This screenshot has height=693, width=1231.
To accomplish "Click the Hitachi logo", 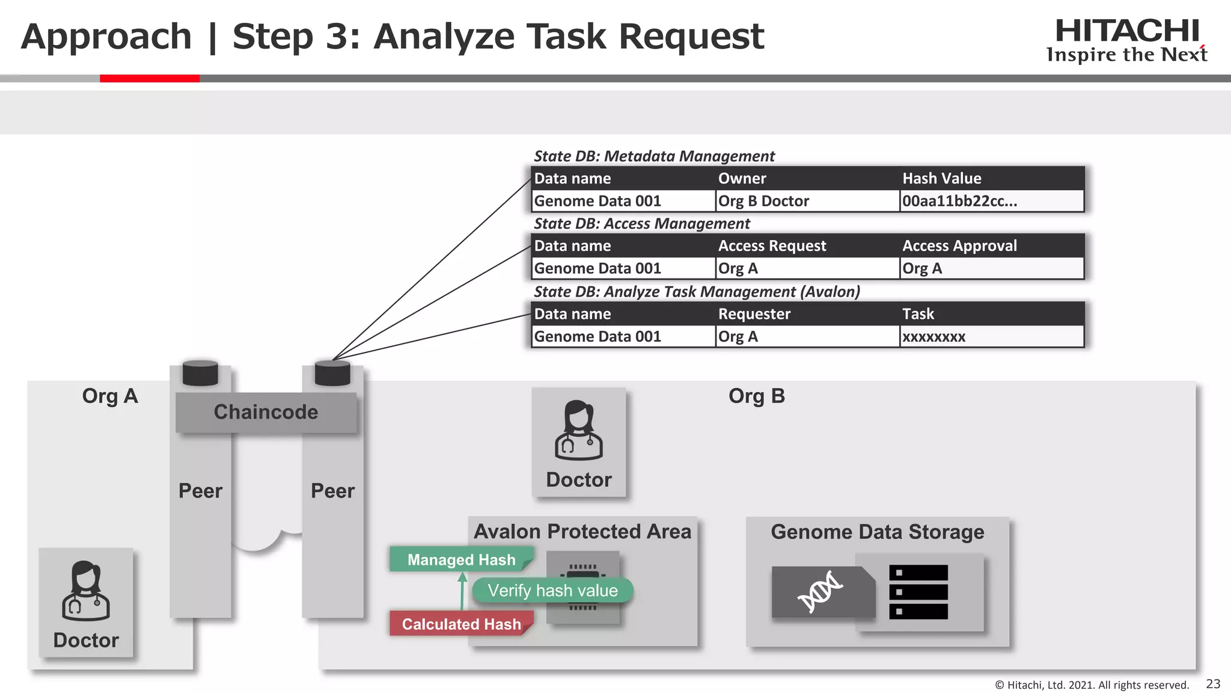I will pos(1126,40).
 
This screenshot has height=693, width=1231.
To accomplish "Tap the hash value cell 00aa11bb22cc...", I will pos(959,201).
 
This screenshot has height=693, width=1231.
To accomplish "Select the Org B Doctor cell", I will pos(763,201).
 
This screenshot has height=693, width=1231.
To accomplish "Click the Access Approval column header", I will pos(959,245).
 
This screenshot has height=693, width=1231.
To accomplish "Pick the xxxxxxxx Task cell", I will pos(933,337).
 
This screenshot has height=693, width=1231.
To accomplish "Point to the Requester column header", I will pos(754,314).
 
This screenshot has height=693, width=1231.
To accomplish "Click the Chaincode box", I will pos(266,412).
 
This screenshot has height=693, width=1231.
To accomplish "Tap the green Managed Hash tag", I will pos(461,559).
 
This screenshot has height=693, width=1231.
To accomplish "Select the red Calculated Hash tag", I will pos(461,624).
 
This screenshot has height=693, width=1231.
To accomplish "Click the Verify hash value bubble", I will pos(552,590).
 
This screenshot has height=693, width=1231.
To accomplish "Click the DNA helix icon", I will pos(820,592).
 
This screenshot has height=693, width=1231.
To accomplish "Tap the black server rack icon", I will pos(918,592).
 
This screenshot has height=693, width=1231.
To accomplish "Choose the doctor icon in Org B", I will pos(578,431).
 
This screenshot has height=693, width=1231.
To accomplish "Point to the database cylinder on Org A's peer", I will pos(200,373).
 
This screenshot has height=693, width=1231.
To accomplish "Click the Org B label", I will pos(756,396).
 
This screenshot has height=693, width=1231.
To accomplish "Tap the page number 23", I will pos(1213,684).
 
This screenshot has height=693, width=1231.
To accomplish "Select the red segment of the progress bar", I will pos(149,78).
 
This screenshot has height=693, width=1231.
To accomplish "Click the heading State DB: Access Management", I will pos(641,224).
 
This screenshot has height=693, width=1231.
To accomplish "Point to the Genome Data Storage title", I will pos(877,532).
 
